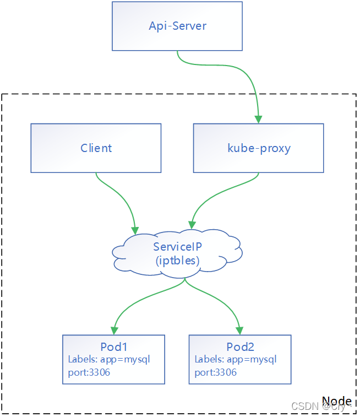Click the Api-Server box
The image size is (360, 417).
click(177, 26)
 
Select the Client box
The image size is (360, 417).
click(96, 148)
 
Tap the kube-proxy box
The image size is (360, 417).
click(258, 148)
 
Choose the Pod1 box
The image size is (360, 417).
click(113, 359)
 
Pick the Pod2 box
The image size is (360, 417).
click(240, 359)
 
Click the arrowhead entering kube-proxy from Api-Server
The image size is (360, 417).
click(258, 118)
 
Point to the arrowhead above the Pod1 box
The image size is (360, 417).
click(114, 330)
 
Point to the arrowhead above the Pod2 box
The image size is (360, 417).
click(240, 330)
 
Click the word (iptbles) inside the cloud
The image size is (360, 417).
click(177, 261)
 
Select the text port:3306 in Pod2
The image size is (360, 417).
click(215, 372)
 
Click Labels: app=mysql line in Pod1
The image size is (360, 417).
click(109, 360)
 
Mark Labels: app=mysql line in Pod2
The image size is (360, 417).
click(236, 360)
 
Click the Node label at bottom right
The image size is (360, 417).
click(336, 400)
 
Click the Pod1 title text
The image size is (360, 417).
click(114, 347)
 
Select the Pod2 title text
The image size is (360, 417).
click(241, 347)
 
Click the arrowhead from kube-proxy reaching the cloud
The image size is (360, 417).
click(191, 224)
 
